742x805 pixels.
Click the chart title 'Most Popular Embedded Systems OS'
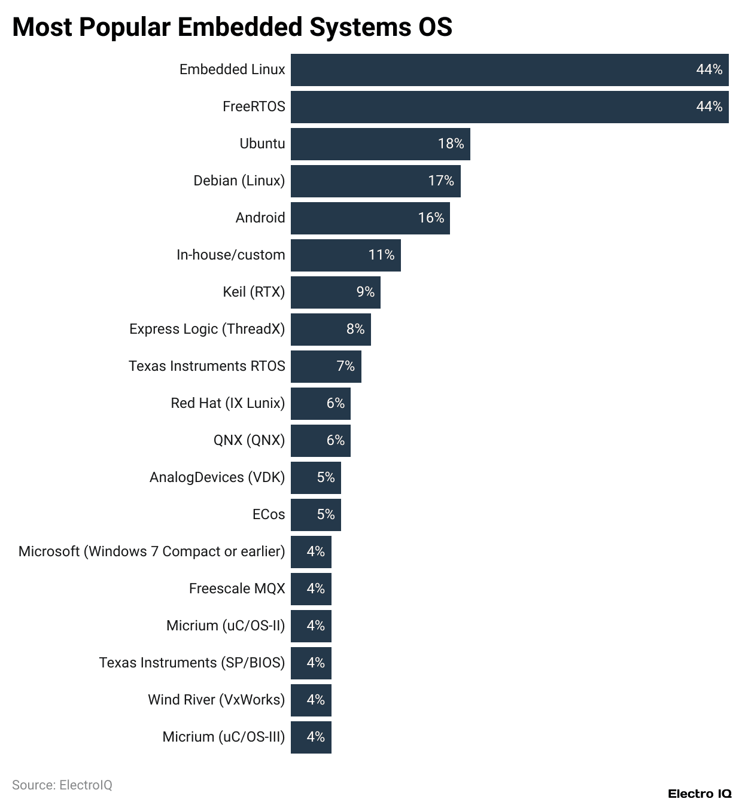click(232, 27)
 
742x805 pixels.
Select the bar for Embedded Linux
click(509, 70)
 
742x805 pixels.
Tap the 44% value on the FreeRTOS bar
click(709, 107)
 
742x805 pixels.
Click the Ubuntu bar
click(380, 144)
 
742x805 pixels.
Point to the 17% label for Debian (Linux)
click(441, 181)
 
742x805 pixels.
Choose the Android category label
click(260, 218)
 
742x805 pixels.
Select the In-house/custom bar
click(345, 255)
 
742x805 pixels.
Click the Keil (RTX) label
click(254, 292)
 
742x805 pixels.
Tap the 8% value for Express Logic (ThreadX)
click(355, 330)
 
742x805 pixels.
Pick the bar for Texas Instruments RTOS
click(326, 367)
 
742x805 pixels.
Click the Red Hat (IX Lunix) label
click(227, 403)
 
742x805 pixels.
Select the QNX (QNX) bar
click(320, 441)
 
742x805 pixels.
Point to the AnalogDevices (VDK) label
click(217, 477)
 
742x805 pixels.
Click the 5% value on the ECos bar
click(326, 515)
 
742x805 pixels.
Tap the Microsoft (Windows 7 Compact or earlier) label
click(151, 551)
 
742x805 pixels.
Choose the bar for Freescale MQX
click(311, 589)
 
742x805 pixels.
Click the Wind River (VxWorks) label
click(216, 700)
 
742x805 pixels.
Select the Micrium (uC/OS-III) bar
click(311, 737)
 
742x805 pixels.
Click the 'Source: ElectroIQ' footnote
click(62, 785)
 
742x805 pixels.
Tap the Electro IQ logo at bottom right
click(700, 794)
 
